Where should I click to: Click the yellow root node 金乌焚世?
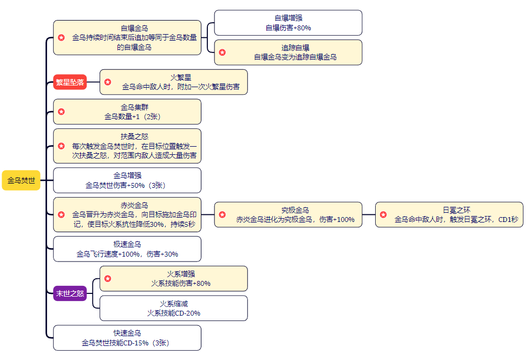click(21, 180)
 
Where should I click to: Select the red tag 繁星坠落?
click(70, 82)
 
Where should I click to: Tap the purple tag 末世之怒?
click(70, 294)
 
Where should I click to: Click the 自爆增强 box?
click(288, 23)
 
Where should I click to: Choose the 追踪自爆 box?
click(288, 52)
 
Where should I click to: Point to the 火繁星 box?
click(173, 82)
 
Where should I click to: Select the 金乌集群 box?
click(127, 112)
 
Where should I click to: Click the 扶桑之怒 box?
click(127, 146)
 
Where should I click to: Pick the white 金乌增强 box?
click(127, 180)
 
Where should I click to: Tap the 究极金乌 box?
click(288, 214)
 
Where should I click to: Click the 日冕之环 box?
click(449, 214)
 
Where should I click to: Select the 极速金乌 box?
click(127, 249)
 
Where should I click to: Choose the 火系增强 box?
click(173, 278)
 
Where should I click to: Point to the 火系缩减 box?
click(173, 308)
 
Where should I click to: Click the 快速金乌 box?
click(127, 338)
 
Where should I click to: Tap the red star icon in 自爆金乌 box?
click(62, 38)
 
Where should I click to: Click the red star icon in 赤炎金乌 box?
click(62, 215)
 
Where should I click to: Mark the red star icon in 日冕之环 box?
click(383, 215)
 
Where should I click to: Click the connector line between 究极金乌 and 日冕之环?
click(369, 214)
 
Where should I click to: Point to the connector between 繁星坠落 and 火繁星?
click(93, 82)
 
